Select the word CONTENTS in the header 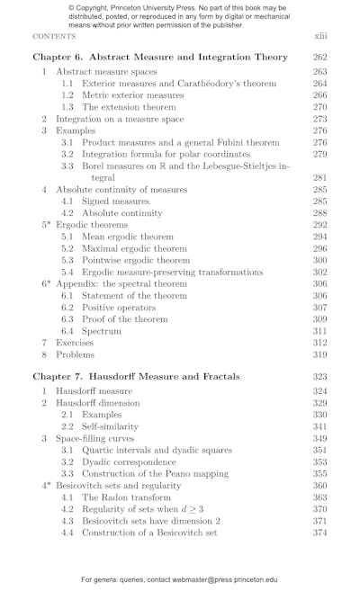click(54, 37)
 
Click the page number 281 click(320, 177)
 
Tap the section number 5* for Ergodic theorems click(46, 225)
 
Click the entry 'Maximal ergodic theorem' click(134, 248)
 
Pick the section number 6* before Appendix click(46, 283)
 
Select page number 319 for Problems click(320, 354)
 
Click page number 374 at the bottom click(320, 533)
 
